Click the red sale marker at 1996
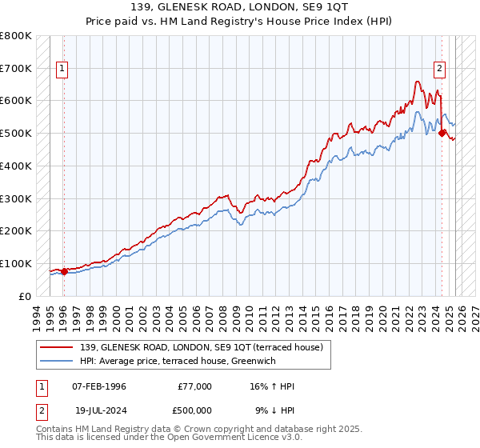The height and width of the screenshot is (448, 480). point(64,270)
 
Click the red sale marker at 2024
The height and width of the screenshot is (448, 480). point(442,134)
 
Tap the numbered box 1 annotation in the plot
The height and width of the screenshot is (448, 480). point(62,69)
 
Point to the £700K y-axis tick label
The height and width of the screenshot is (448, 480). point(16,68)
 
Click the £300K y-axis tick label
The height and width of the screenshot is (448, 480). point(16,198)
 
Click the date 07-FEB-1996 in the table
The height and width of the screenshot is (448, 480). point(99,386)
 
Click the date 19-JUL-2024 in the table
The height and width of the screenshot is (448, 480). point(99,410)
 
